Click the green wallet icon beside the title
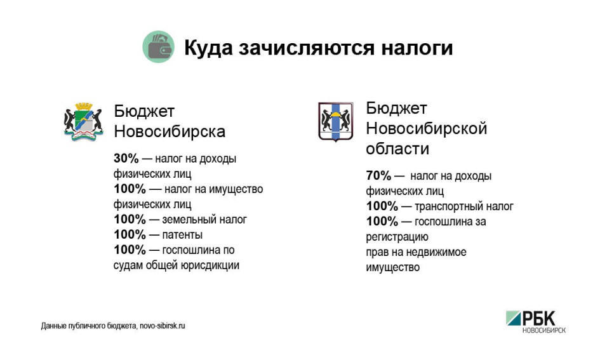pos(159,47)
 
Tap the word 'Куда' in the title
pos(208,48)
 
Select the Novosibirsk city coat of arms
pos(83,122)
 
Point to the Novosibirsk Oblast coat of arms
pos(336,122)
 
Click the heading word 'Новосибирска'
pos(170,131)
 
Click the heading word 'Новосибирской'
pos(426,128)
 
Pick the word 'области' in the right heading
pos(397,149)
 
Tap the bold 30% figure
pos(126,158)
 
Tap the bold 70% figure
pos(379,176)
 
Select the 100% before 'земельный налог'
pos(130,220)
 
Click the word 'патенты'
pos(182,235)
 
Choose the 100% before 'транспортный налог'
pos(382,206)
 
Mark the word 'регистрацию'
pos(397,237)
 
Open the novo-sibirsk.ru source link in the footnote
pos(163,326)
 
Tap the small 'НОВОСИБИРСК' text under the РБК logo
pos(543,330)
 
